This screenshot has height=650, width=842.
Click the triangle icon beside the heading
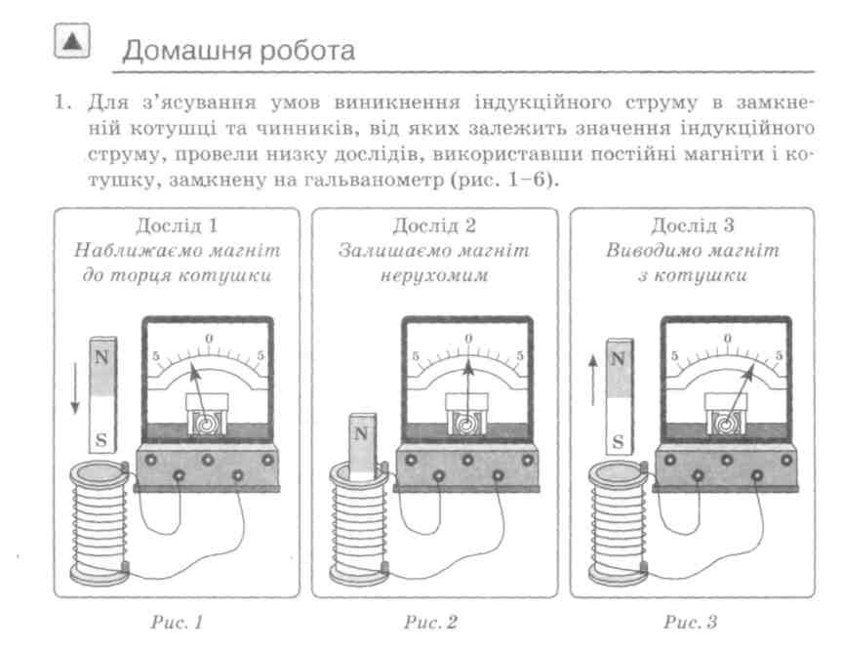click(72, 41)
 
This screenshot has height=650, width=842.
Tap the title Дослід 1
click(177, 225)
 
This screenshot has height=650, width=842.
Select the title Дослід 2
click(434, 225)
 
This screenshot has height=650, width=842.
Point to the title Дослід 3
click(692, 225)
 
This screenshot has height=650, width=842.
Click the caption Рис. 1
click(177, 622)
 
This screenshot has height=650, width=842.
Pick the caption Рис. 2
click(430, 622)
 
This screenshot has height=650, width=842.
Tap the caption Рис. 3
click(690, 622)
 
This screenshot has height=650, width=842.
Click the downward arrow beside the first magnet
click(75, 388)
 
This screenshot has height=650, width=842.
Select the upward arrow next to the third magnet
click(593, 380)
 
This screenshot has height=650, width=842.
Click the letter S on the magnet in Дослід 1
click(101, 440)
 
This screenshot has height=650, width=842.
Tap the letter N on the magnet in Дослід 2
click(361, 433)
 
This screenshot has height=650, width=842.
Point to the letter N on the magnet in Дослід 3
click(618, 358)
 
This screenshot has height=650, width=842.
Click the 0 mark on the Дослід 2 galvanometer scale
click(468, 339)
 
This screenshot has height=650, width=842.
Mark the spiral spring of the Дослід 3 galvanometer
click(726, 424)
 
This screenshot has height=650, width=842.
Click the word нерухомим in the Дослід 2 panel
click(434, 275)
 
